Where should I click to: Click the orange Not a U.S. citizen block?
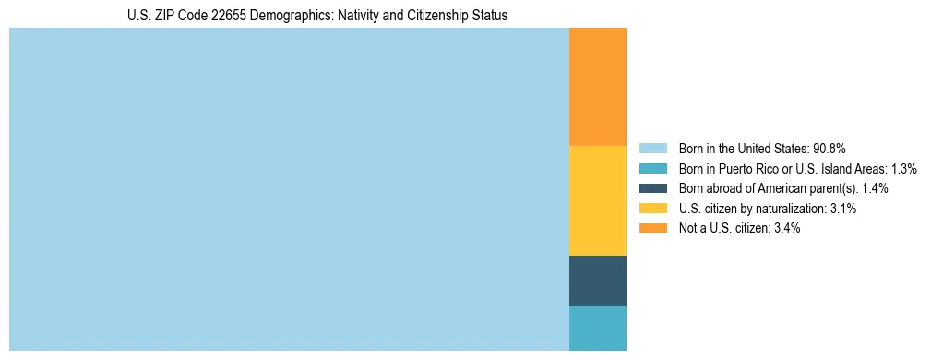[597, 87]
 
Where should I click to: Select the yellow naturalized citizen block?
[597, 200]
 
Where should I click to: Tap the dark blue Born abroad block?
[597, 280]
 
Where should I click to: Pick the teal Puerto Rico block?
[597, 328]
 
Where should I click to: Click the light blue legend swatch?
[652, 148]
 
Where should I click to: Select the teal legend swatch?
[652, 168]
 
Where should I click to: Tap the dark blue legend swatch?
[652, 188]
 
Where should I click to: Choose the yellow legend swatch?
[652, 209]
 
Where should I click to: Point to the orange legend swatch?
[652, 228]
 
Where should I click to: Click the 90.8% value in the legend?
[830, 148]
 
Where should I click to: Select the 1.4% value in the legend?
[876, 188]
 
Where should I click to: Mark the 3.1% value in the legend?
[842, 209]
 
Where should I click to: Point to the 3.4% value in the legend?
[786, 228]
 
